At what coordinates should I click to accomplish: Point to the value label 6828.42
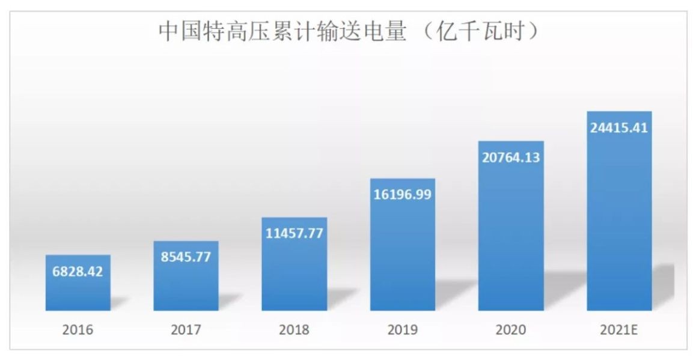pyautogui.click(x=78, y=271)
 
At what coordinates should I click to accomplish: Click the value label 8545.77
pyautogui.click(x=186, y=256)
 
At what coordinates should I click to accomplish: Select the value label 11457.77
pyautogui.click(x=294, y=233)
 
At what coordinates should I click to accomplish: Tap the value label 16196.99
pyautogui.click(x=402, y=194)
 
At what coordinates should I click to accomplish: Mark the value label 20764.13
pyautogui.click(x=510, y=157)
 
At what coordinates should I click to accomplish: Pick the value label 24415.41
pyautogui.click(x=619, y=127)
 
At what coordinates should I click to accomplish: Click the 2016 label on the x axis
pyautogui.click(x=78, y=330)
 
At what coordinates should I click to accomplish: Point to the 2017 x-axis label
pyautogui.click(x=186, y=330)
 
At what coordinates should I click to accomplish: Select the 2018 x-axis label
pyautogui.click(x=294, y=330)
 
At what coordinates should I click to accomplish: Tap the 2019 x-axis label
pyautogui.click(x=402, y=330)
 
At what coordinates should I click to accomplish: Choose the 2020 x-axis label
pyautogui.click(x=510, y=330)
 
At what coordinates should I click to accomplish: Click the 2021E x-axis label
pyautogui.click(x=619, y=330)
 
